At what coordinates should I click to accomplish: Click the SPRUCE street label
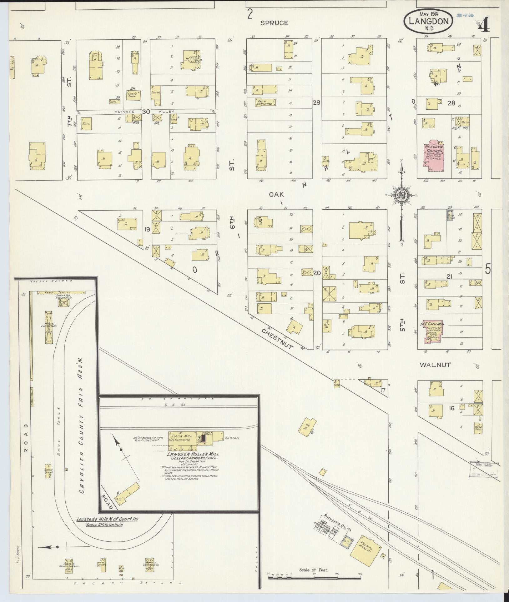click(274, 23)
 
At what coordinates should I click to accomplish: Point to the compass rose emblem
click(401, 195)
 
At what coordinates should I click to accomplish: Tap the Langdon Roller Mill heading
click(193, 454)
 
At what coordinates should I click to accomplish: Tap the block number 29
click(316, 102)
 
